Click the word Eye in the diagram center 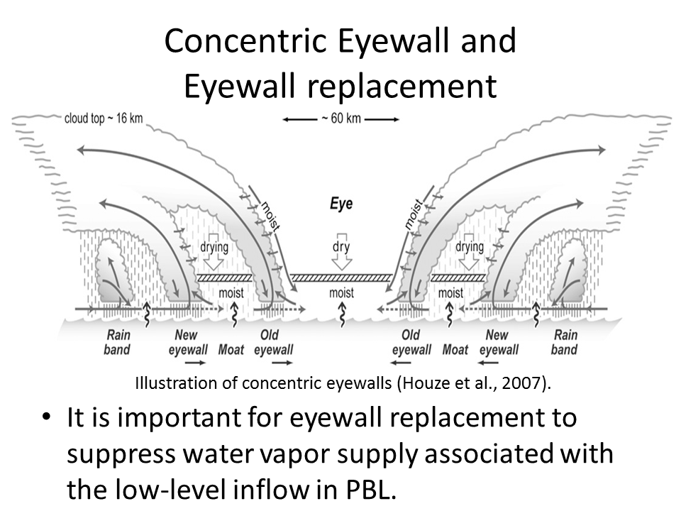point(341,204)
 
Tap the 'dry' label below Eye point(342,247)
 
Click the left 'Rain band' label point(118,342)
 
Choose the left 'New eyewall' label point(188,342)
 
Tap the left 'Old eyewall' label point(273,342)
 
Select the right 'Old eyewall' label point(411,342)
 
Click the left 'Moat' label point(231,349)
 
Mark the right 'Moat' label point(455,349)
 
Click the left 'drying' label point(214,247)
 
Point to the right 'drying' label point(469,247)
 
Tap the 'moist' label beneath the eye point(342,293)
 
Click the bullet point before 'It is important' point(46,418)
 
